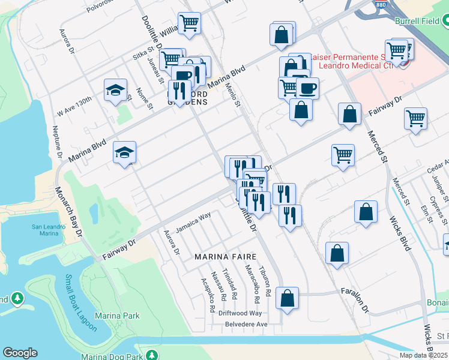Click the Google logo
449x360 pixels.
click(x=20, y=353)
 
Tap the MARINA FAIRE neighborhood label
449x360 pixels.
click(x=221, y=257)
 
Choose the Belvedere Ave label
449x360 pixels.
click(x=246, y=324)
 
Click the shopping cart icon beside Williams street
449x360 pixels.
click(x=190, y=23)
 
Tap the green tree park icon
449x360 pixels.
click(x=17, y=298)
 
